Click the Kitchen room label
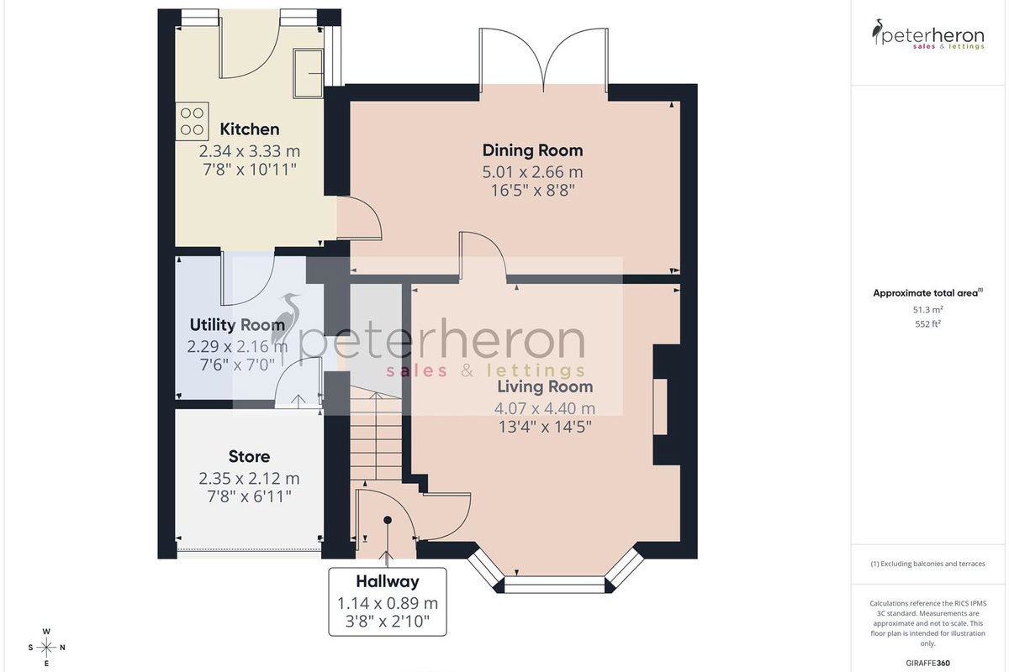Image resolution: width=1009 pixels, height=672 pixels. [249, 129]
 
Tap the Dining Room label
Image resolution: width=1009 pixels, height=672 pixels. [532, 150]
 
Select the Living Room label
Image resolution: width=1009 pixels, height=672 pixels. [545, 386]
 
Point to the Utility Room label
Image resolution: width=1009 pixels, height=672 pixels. [237, 325]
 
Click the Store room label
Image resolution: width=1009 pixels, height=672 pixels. [249, 456]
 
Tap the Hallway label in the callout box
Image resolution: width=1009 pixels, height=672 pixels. [388, 581]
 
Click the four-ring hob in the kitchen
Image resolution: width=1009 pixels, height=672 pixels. [193, 122]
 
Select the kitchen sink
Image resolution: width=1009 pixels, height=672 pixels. [308, 73]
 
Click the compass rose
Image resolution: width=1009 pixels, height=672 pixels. [46, 648]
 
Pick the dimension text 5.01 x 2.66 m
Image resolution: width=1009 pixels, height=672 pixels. [532, 172]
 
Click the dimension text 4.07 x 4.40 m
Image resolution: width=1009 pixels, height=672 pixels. [545, 408]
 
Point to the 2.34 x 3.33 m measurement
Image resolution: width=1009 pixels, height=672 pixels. [249, 151]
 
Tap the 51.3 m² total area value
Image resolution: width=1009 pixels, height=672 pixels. [928, 310]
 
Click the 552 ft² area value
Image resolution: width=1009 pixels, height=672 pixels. [928, 323]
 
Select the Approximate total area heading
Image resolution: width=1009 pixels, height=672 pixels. [928, 293]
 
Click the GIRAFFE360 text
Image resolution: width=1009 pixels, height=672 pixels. [928, 663]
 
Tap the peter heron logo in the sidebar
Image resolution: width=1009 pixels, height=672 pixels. [928, 34]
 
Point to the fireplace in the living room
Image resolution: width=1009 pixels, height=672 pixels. [666, 405]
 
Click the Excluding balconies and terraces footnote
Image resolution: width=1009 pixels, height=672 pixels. [928, 564]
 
